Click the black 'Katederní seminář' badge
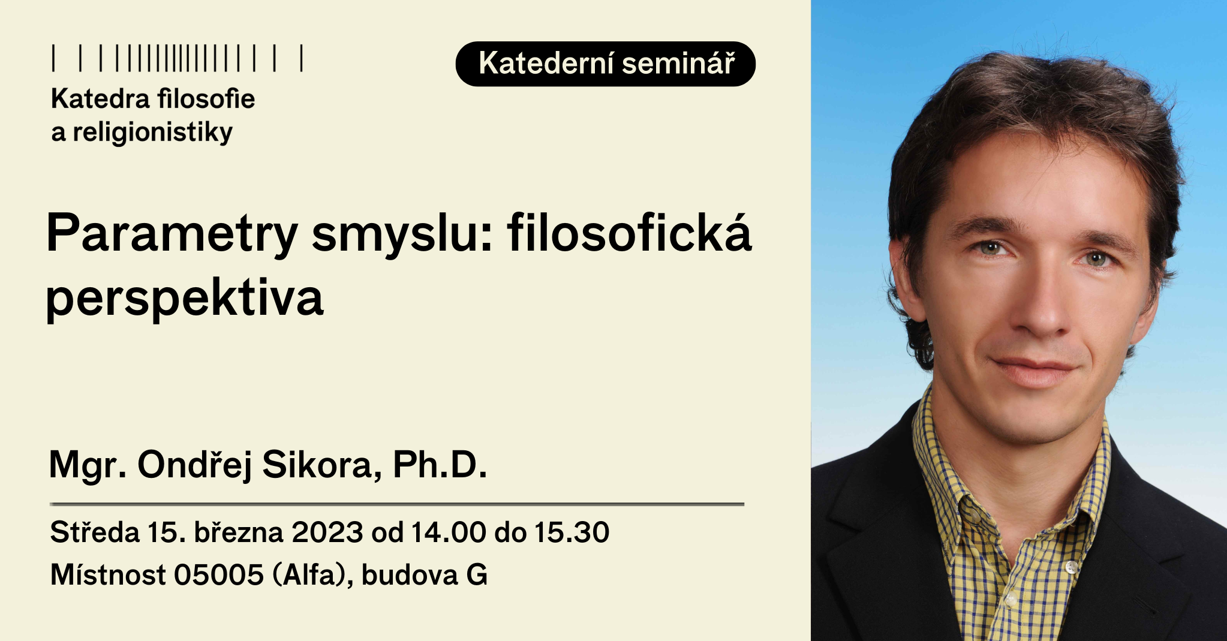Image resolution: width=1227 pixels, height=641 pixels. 605,64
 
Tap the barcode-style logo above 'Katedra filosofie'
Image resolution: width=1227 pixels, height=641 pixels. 178,58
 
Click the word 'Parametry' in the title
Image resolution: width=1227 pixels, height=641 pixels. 172,234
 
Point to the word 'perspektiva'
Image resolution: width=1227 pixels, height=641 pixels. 185,297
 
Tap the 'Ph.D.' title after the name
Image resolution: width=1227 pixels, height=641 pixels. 440,464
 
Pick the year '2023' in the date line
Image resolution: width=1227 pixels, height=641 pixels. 327,532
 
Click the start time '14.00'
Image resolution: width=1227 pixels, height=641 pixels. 448,532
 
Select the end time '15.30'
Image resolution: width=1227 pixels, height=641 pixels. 572,532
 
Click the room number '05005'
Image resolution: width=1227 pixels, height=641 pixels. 219,574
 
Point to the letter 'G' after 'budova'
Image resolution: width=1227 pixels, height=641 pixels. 477,574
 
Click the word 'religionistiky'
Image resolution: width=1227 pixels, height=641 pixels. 152,133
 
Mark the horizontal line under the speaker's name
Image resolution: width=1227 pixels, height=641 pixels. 397,504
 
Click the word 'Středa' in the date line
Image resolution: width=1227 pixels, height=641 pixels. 95,532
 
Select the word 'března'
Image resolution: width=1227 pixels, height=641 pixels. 238,532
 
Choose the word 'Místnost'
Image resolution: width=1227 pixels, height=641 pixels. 108,574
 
